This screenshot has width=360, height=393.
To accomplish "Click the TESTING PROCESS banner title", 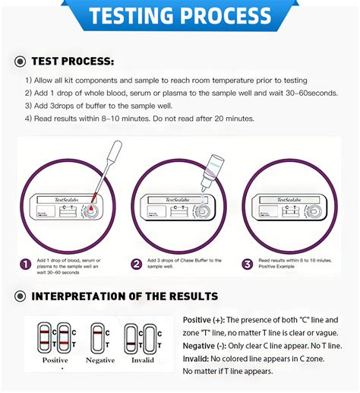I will point(179,16).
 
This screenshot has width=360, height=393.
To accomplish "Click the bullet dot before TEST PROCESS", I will point(19,61).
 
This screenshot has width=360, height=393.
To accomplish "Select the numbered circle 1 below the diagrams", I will point(26,265).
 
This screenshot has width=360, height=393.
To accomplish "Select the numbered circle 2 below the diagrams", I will point(137,265).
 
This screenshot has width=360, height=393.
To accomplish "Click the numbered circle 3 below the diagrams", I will point(247,265).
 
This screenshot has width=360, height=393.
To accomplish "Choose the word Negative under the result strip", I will point(99,360).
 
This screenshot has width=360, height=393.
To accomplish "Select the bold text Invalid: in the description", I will point(199,359).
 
